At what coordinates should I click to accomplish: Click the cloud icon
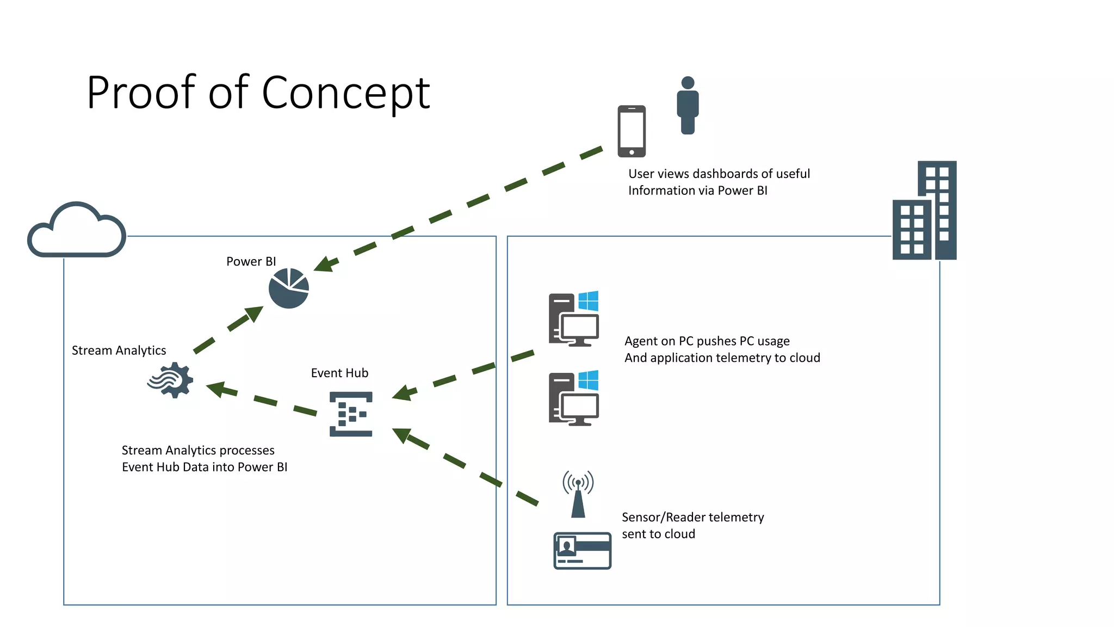coord(77,231)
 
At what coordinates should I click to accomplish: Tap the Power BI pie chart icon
coord(289,288)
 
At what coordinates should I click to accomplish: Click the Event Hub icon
coord(351,414)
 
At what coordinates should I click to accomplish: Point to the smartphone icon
coord(632,131)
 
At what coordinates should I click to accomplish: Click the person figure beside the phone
coord(688,105)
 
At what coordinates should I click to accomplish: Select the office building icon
coord(925,211)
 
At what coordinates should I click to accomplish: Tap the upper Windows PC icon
coord(574,319)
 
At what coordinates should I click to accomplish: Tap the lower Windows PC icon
coord(574,398)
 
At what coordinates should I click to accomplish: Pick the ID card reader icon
coord(582,551)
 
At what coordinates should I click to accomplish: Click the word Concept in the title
coord(346,93)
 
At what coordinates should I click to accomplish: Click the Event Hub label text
coord(339,373)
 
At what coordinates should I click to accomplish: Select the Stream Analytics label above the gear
coord(119,351)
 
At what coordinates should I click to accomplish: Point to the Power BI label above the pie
coord(251,262)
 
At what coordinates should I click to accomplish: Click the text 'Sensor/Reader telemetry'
coord(692,518)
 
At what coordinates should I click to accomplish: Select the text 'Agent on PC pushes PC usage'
coord(707,341)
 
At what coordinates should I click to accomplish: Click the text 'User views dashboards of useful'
coord(719,174)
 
